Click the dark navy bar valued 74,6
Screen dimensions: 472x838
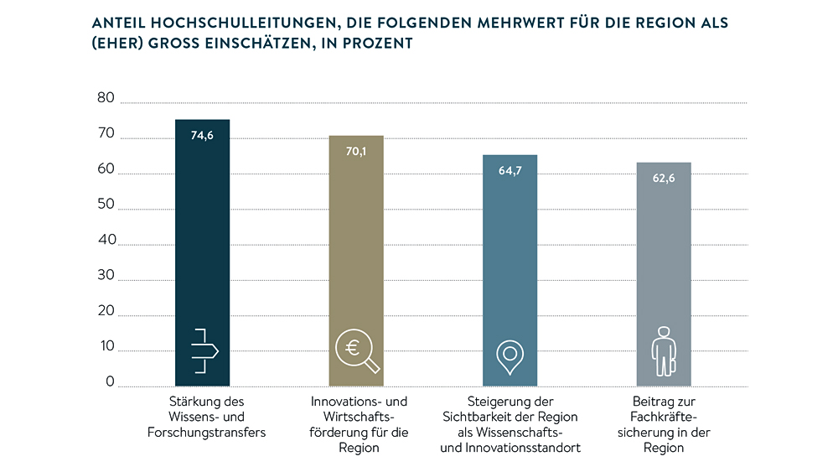(x=202, y=252)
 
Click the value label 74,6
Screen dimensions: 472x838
(x=202, y=135)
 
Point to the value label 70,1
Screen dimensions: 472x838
(x=355, y=152)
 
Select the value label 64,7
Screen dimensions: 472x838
(x=510, y=170)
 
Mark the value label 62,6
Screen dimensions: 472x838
(x=664, y=178)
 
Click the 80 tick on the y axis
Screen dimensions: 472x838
(x=106, y=98)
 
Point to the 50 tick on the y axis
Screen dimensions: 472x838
(x=106, y=205)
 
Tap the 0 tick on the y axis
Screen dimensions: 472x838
(x=109, y=382)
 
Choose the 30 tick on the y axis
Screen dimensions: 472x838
(x=106, y=276)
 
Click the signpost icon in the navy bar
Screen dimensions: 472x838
(x=204, y=350)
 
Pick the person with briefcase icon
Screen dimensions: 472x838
(x=663, y=350)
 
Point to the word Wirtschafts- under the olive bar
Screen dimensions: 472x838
(x=359, y=417)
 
